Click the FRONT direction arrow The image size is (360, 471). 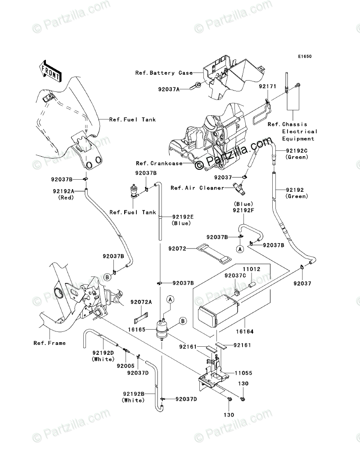click(x=50, y=70)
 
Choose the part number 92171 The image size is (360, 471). click(x=266, y=85)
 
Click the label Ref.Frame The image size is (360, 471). click(x=49, y=343)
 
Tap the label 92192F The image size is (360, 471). click(x=243, y=210)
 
